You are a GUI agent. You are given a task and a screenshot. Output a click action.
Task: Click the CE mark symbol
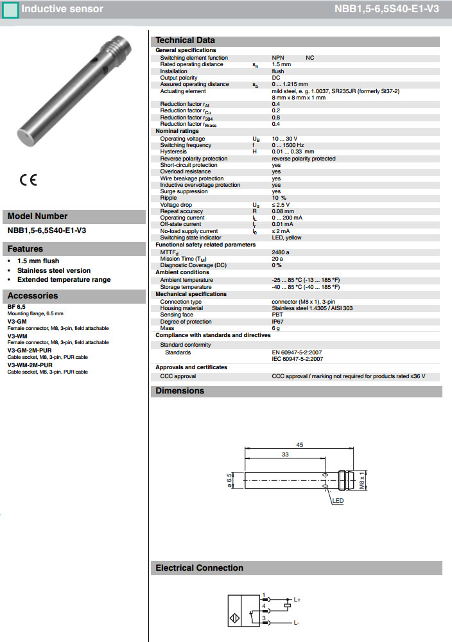tap(28, 179)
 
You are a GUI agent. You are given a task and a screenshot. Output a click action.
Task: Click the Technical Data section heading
tap(185, 40)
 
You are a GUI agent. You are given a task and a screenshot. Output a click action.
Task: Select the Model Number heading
tap(37, 216)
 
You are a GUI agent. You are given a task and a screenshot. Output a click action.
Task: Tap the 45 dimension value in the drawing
tap(299, 445)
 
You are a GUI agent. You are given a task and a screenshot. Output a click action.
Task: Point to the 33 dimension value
tap(285, 454)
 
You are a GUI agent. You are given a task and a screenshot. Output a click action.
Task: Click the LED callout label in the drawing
tap(338, 501)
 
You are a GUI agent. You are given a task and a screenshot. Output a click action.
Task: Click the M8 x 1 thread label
tap(362, 480)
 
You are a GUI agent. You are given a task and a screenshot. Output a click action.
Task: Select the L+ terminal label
tap(297, 600)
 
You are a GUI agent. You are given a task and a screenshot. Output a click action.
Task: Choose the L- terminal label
tap(297, 623)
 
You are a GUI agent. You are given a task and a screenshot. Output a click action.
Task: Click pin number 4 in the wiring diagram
tap(264, 605)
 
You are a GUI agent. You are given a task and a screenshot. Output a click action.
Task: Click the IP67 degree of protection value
tap(277, 322)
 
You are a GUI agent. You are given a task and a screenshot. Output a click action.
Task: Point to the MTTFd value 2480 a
tap(281, 252)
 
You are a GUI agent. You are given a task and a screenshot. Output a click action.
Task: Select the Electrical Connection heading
tap(199, 568)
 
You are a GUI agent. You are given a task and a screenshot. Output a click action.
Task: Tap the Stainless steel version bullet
tap(54, 270)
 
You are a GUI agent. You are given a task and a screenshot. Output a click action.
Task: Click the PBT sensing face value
tap(277, 315)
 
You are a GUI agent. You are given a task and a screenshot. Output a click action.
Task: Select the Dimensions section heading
tap(180, 391)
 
